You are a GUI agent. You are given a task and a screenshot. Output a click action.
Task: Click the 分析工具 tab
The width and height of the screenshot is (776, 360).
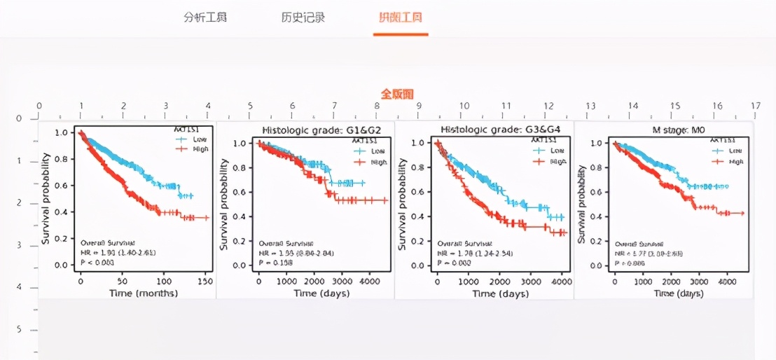tap(205, 18)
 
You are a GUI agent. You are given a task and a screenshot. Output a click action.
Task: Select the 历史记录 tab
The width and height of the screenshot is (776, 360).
tap(303, 18)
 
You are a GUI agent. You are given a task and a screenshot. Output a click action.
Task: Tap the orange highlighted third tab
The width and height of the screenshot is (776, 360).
tap(401, 18)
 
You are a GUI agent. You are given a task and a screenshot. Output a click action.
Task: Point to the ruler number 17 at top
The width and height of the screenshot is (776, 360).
tap(755, 106)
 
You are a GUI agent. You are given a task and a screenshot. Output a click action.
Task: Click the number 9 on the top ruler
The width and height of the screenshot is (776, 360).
tap(420, 106)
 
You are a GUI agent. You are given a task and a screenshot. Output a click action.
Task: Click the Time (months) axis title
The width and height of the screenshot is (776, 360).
tap(143, 293)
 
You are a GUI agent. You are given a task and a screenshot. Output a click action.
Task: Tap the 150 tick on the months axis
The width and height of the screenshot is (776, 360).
tap(205, 280)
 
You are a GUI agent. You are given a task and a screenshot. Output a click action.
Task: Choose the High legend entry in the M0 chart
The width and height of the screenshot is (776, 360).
tap(735, 161)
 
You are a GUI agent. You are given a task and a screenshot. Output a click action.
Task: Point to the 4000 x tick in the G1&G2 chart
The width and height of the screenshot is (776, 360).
tap(368, 280)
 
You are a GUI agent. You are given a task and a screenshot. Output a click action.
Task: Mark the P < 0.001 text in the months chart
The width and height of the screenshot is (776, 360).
tap(95, 262)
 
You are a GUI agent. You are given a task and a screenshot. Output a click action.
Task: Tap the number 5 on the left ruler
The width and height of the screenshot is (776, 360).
tap(19, 329)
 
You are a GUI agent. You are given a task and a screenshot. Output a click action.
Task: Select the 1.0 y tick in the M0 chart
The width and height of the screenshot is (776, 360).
tap(598, 143)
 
